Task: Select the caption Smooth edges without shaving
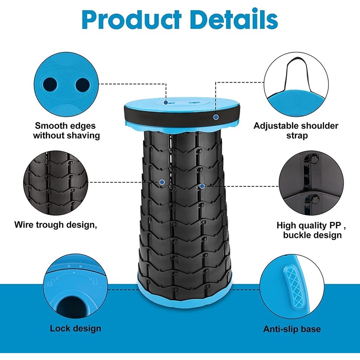click(66, 131)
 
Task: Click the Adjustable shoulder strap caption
click(296, 131)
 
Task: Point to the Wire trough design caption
click(55, 225)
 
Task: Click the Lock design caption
click(75, 328)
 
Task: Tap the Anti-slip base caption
click(292, 329)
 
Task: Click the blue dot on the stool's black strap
click(215, 117)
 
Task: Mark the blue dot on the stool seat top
click(166, 103)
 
